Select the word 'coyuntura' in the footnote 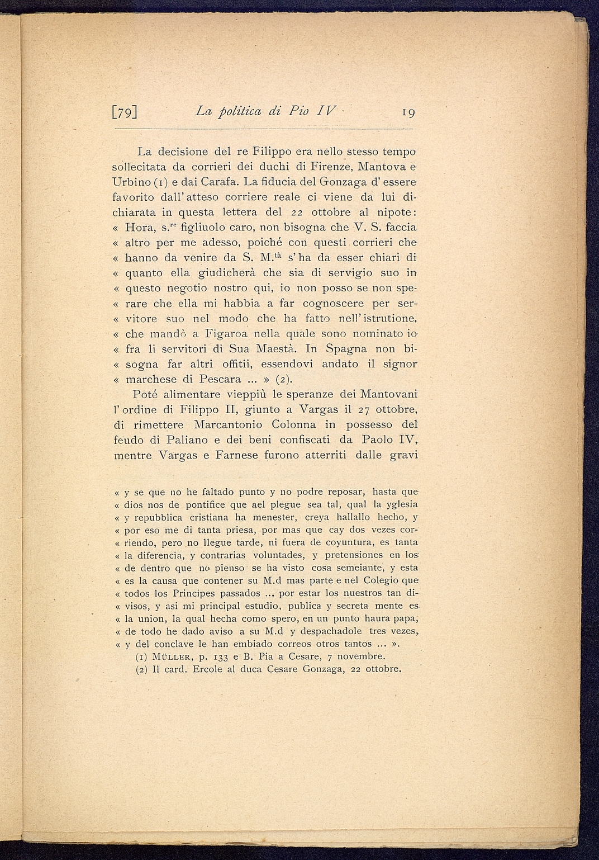click(348, 542)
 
